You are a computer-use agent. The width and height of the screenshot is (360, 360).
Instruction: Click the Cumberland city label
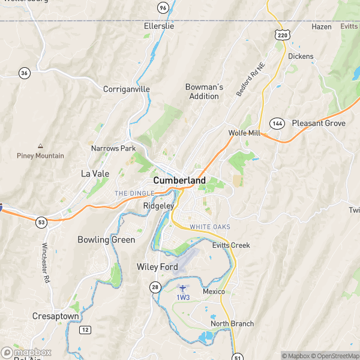tap(179, 180)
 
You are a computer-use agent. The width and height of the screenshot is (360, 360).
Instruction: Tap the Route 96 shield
tap(163, 7)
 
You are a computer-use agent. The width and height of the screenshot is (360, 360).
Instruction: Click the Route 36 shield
tap(24, 73)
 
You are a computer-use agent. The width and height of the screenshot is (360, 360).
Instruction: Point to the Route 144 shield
tap(277, 123)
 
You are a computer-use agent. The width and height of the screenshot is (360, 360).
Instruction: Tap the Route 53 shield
tap(41, 223)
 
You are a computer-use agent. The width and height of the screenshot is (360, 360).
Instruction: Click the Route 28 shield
tap(155, 289)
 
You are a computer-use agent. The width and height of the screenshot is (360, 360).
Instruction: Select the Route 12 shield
tap(86, 329)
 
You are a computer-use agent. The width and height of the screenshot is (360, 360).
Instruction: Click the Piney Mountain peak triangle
tap(40, 146)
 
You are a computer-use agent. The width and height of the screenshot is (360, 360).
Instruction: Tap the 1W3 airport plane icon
tap(183, 288)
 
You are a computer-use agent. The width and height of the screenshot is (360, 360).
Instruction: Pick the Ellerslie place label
tap(159, 26)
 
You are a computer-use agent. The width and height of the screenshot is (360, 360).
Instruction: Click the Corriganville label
tap(127, 89)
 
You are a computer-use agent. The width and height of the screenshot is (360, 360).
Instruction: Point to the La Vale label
tap(94, 173)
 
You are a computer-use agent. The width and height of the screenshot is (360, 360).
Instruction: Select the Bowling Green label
tap(106, 239)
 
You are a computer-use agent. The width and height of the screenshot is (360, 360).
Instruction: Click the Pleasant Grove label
tap(319, 123)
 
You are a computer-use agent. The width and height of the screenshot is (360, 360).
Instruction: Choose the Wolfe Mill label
tap(244, 133)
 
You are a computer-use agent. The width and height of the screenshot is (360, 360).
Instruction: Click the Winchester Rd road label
tap(44, 263)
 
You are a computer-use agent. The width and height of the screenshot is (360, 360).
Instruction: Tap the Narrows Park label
tap(113, 148)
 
